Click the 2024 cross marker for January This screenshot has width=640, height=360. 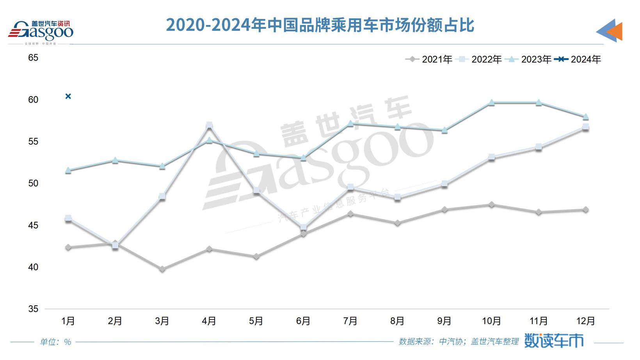pos(68,96)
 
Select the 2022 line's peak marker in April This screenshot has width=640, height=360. pos(209,125)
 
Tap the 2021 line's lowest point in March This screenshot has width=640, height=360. pos(162,269)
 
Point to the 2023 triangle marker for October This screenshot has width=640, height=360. pos(491,102)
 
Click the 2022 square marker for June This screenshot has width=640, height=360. pos(303,227)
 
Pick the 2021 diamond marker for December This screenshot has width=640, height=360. pos(585,210)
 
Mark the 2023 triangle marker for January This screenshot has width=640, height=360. pos(68,170)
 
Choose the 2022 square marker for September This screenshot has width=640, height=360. pos(444,184)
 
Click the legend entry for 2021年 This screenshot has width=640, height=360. pos(429,59)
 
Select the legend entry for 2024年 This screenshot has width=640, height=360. pos(578,59)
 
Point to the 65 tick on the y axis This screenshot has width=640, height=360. pos(33,58)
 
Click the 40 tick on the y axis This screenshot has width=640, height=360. pos(33,267)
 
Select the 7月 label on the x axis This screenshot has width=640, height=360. pos(350,321)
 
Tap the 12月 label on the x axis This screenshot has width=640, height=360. pos(585,321)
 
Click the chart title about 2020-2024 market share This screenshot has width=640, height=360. pos(320,25)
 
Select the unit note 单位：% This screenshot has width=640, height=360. pos(55,342)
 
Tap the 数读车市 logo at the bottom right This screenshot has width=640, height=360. pos(553,340)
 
